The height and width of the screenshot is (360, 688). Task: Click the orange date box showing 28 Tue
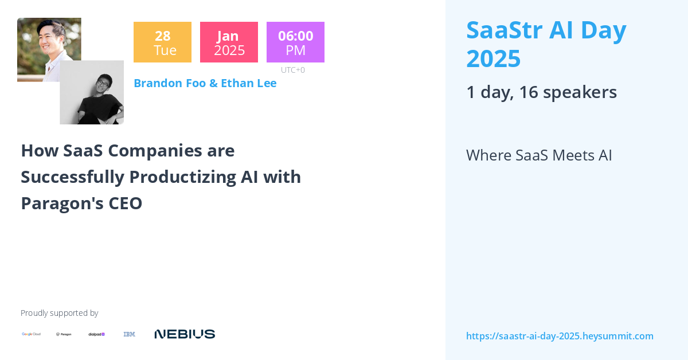162,42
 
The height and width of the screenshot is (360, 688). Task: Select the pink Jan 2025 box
229,42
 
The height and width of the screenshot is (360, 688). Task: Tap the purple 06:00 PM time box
295,42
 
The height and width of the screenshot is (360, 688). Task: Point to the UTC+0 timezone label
293,70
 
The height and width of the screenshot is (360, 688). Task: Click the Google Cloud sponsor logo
32,334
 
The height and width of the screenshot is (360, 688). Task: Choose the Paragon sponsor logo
64,334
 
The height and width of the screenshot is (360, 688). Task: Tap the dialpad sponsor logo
96,334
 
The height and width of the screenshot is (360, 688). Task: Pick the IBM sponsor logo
130,334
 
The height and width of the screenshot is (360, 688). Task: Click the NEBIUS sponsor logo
185,334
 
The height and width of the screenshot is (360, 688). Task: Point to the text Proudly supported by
59,313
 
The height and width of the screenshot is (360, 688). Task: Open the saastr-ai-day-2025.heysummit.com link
560,336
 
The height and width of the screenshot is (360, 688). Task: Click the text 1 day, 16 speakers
541,92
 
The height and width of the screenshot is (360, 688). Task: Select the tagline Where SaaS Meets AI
539,155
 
